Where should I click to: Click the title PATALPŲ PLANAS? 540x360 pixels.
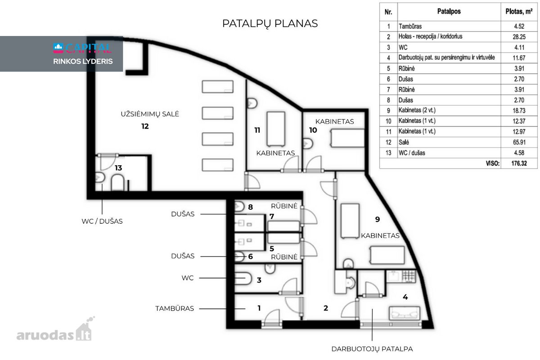pos(270,24)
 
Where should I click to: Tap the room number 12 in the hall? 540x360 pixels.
pos(145,126)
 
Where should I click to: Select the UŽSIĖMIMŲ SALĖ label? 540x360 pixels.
pos(150,114)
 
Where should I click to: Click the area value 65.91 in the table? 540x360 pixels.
pos(519,142)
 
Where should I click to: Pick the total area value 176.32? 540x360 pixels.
pos(519,163)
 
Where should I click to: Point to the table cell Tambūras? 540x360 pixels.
pos(410,26)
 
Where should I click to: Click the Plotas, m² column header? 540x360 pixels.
pos(519,12)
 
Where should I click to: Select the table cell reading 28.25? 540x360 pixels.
pos(519,37)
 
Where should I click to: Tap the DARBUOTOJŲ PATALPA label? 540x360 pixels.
pos(372,349)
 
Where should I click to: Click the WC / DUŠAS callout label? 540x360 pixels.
pos(102,221)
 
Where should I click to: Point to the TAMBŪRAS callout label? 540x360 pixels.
pos(175,308)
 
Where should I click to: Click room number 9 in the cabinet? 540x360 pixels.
pos(378,219)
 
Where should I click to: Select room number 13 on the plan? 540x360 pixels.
pos(118,168)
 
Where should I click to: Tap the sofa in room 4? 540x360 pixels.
pos(405,313)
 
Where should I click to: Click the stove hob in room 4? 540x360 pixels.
pos(409,276)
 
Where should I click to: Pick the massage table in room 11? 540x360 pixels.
pos(276,129)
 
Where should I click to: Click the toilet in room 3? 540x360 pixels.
pos(243,279)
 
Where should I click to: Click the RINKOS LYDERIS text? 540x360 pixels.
pos(83,61)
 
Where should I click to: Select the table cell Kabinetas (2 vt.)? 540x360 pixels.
pos(417,110)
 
